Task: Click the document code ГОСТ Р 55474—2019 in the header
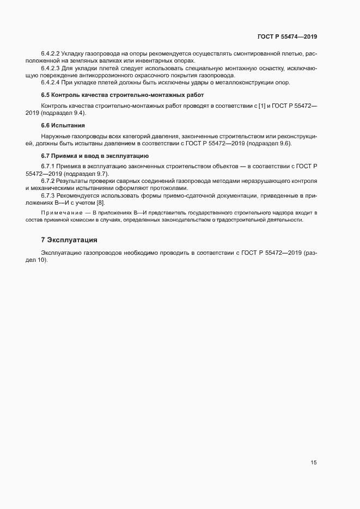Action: pos(287,37)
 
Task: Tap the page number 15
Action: pos(314,463)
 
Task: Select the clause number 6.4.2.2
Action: pos(51,54)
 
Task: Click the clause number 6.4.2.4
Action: pos(51,82)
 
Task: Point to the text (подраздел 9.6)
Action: pos(270,143)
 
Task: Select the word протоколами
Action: pos(169,188)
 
